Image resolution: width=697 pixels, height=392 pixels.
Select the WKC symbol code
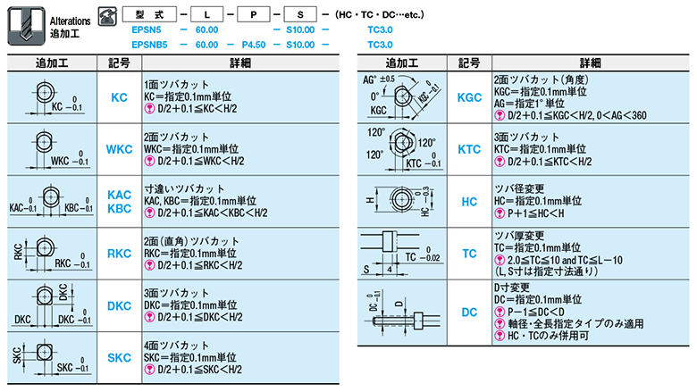tap(119, 148)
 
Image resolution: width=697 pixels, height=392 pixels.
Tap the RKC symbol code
tap(119, 254)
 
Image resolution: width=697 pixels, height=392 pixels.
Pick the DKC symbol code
tap(119, 305)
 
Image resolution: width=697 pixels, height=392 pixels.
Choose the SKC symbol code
tap(119, 357)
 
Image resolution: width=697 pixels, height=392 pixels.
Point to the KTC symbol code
tap(468, 150)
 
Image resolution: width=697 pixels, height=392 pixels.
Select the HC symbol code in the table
tap(468, 202)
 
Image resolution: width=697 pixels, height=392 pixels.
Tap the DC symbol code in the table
tap(468, 313)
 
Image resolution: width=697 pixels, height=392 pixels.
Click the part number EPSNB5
tap(151, 42)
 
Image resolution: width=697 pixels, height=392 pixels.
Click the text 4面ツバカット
tap(173, 344)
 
